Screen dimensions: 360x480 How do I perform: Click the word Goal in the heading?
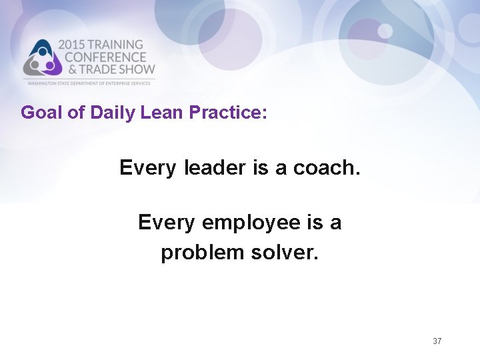coord(42,112)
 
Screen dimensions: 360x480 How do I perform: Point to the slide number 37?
coord(437,341)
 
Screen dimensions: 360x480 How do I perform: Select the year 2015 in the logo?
coord(73,45)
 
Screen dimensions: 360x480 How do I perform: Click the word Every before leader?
coord(148,168)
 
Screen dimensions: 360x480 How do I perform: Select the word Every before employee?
coord(167,222)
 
